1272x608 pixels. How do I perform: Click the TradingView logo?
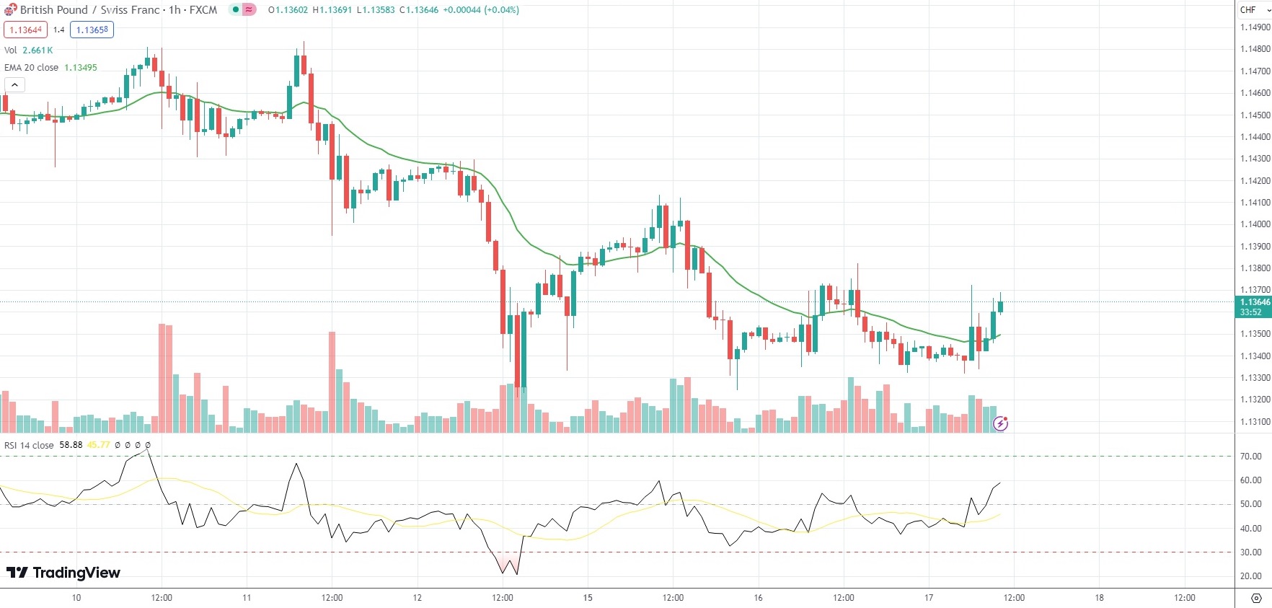[x=63, y=573]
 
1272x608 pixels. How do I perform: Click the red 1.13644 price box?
[x=26, y=30]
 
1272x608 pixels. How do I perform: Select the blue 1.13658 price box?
[x=92, y=30]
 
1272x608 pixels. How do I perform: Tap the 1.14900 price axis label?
[x=1255, y=27]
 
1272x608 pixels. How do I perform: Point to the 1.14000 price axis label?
[x=1255, y=224]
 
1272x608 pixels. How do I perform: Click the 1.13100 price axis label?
[x=1255, y=422]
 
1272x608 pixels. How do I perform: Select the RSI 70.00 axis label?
[x=1250, y=457]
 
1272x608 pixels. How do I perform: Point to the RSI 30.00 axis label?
[x=1250, y=552]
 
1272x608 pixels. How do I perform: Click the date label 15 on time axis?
[x=588, y=598]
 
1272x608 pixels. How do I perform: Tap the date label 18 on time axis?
[x=1099, y=598]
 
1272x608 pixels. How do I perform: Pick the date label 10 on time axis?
[x=76, y=598]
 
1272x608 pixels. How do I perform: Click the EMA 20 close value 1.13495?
[x=81, y=68]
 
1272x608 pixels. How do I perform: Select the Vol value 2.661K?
[x=37, y=50]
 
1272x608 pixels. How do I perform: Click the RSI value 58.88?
[x=71, y=445]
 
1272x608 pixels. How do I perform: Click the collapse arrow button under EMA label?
[x=14, y=85]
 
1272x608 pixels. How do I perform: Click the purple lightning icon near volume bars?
[x=1000, y=424]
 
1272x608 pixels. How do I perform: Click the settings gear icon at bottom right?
[x=1255, y=598]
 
